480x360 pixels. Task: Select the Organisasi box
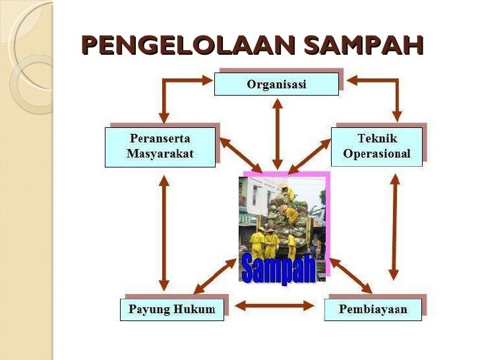(276, 84)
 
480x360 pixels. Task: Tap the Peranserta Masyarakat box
(160, 146)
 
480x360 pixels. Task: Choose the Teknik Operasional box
(376, 146)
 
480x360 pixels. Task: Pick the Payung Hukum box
(171, 309)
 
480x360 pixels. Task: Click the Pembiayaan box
(373, 309)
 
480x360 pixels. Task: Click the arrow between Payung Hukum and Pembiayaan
(274, 305)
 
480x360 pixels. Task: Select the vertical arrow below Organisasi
(277, 132)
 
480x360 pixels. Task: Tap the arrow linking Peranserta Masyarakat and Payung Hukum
(164, 231)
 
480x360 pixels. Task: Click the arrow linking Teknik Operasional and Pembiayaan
(394, 227)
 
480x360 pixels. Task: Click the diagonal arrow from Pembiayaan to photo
(350, 274)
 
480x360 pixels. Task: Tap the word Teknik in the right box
(376, 138)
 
